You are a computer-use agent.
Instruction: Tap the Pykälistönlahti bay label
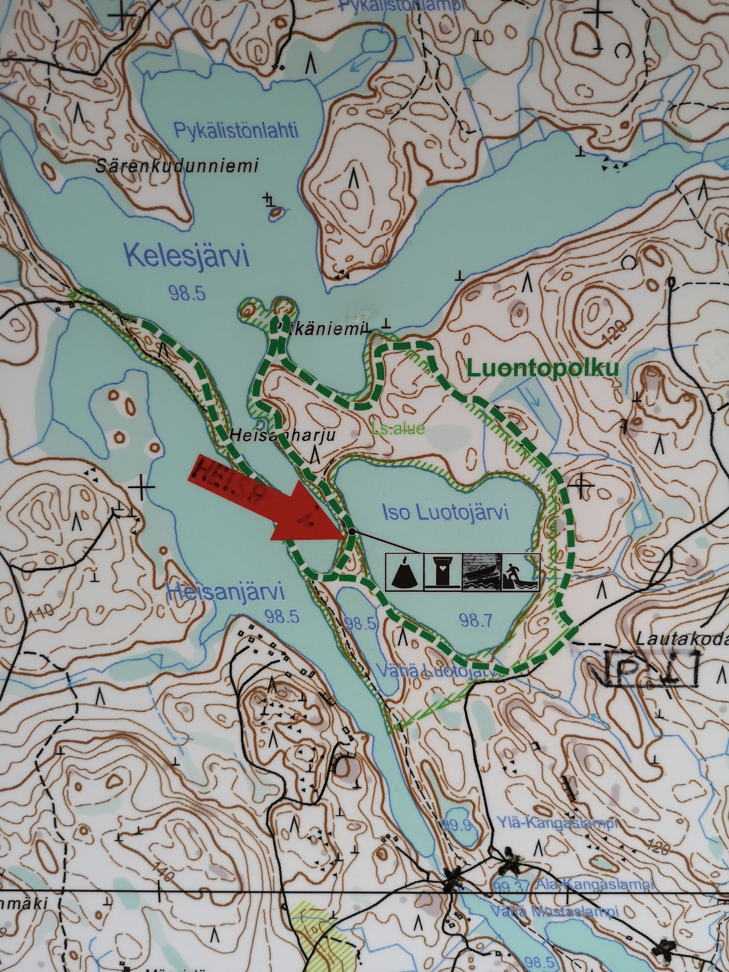click(236, 131)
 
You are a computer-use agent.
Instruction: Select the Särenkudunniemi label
click(177, 166)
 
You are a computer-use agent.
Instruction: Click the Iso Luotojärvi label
click(445, 512)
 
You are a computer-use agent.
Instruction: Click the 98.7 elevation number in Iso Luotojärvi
click(475, 620)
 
